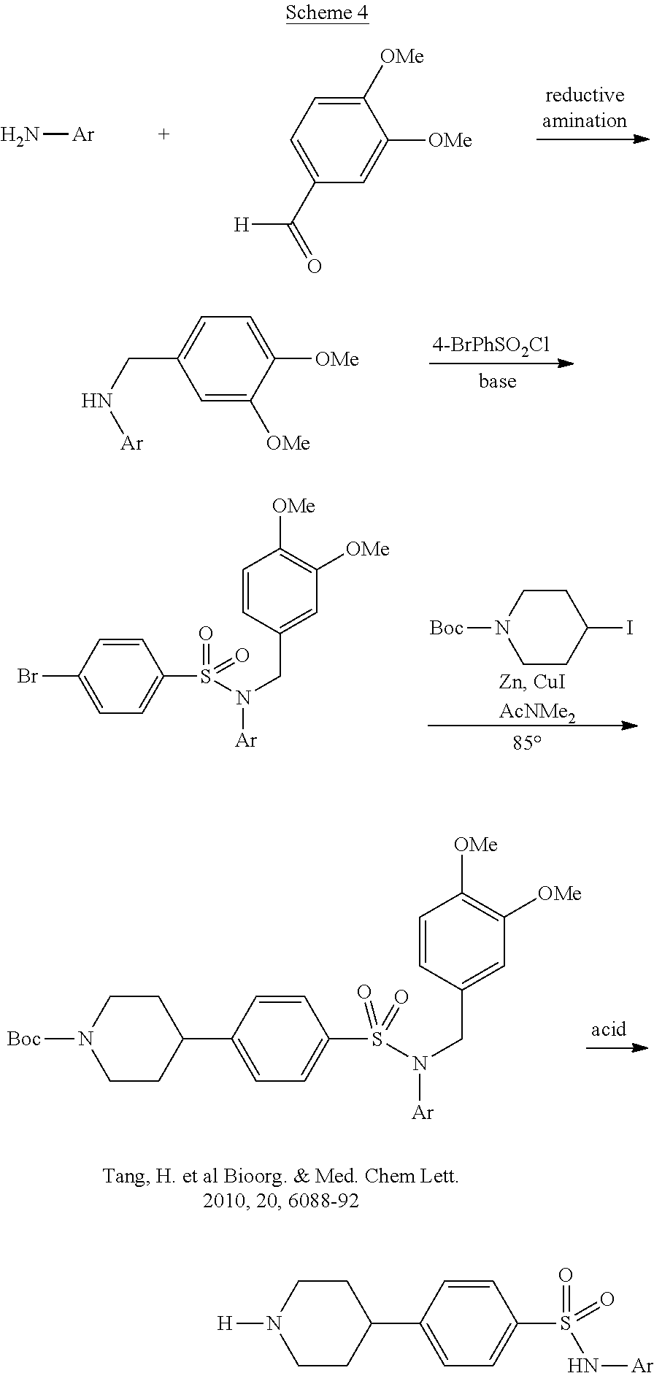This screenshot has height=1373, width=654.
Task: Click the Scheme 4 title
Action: (x=326, y=12)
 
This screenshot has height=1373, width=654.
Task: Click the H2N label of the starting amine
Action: (x=20, y=134)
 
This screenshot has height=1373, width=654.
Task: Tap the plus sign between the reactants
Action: (x=164, y=134)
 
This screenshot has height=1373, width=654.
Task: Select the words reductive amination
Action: (x=584, y=108)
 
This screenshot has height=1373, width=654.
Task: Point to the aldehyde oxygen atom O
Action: (x=314, y=266)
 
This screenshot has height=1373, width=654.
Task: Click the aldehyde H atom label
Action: (x=241, y=226)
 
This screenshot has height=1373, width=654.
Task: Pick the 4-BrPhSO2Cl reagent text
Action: (x=490, y=345)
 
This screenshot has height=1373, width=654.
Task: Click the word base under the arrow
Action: (x=498, y=381)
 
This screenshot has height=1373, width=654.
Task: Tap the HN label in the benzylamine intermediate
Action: (x=96, y=400)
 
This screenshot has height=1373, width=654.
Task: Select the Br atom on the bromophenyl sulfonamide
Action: (x=28, y=677)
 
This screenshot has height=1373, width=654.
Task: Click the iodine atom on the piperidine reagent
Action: (x=630, y=627)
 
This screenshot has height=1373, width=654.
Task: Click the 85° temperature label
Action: (x=527, y=745)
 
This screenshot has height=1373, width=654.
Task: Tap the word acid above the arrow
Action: (x=608, y=1028)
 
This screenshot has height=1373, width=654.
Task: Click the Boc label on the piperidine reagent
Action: (x=446, y=628)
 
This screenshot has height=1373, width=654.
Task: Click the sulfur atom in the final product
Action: (x=572, y=1323)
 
